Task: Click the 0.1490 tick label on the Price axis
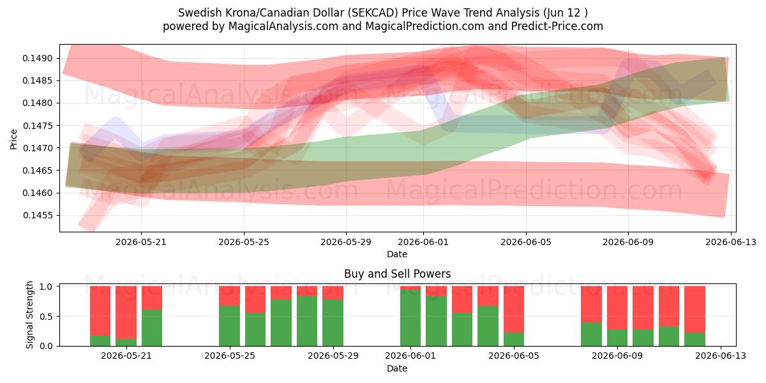tap(38, 59)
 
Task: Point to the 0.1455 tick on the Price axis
tap(38, 216)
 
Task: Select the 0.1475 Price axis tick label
tap(38, 126)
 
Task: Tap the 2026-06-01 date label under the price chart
tap(423, 242)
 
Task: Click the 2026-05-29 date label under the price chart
tap(346, 242)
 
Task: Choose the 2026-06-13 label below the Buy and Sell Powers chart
tap(721, 356)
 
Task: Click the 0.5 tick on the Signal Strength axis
tap(47, 317)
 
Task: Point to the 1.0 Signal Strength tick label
tap(47, 287)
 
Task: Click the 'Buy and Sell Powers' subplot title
tap(397, 274)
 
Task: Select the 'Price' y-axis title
tap(13, 139)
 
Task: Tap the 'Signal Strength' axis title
tap(29, 315)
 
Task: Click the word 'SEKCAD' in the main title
tap(375, 13)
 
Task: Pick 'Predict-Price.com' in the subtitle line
tap(557, 26)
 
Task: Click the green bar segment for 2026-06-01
tap(410, 318)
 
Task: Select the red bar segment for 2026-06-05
tap(514, 310)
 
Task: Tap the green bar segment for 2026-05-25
tap(229, 326)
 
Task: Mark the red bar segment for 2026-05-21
tap(126, 313)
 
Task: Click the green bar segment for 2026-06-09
tap(617, 338)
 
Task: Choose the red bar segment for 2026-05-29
tap(333, 293)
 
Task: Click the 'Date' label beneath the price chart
tap(397, 255)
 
